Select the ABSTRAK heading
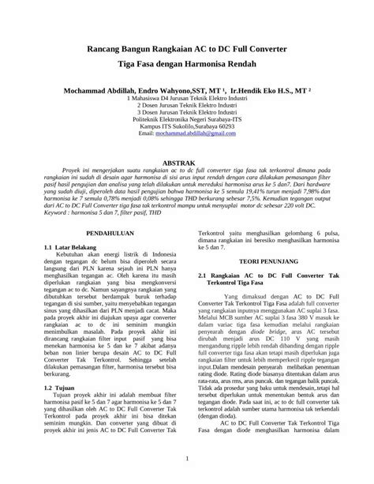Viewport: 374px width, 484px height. (x=187, y=161)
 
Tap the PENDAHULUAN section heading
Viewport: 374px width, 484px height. (x=107, y=234)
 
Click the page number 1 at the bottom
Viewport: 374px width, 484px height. (x=186, y=458)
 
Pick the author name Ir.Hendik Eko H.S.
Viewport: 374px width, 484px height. (x=260, y=91)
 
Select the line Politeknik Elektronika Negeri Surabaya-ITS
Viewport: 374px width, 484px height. (x=186, y=120)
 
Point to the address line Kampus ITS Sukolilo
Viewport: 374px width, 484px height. (x=186, y=127)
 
